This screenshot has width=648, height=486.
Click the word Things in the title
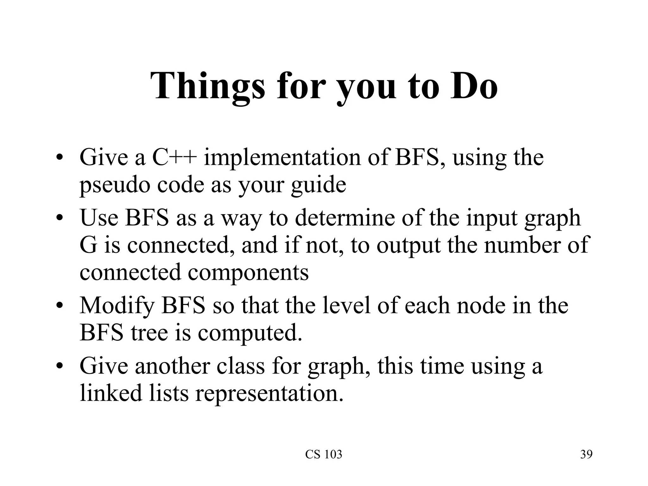tap(207, 86)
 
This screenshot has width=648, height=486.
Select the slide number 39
tap(586, 454)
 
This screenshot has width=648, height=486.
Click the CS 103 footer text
tap(324, 454)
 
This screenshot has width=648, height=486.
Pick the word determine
tap(345, 218)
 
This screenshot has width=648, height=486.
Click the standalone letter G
tap(88, 245)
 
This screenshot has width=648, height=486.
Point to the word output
tap(408, 245)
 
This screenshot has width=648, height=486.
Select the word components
tap(248, 272)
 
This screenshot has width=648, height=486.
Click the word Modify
tap(117, 306)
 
